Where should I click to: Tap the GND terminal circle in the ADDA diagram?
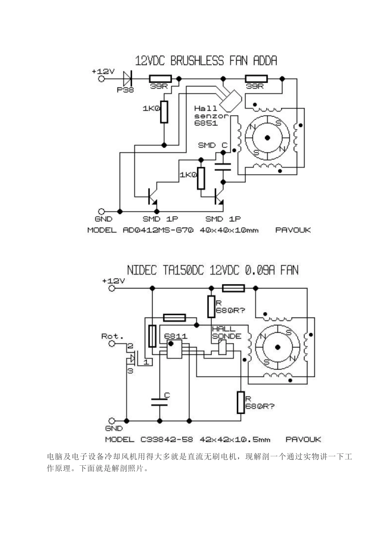(101, 212)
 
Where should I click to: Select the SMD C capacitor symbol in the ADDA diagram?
(223, 166)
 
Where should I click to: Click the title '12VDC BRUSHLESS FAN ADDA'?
(206, 61)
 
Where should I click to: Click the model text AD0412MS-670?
(158, 230)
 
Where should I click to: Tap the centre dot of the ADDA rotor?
(268, 138)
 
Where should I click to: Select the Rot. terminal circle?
(112, 344)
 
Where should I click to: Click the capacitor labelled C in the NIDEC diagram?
(159, 401)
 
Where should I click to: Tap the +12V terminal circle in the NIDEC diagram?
(112, 288)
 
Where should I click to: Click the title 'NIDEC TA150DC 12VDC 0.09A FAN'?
(213, 270)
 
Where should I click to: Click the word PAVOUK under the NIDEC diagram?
(303, 439)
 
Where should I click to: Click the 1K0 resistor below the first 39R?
(164, 112)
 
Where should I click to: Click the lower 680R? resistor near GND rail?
(241, 402)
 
